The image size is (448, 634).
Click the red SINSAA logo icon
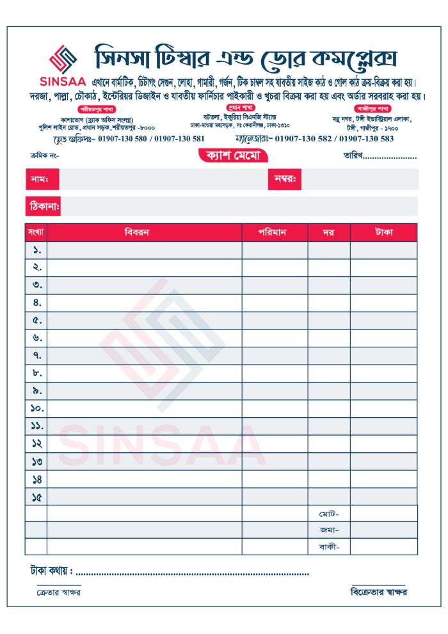pos(63,59)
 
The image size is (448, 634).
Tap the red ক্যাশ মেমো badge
pos(232,155)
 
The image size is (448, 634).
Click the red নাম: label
pos(34,179)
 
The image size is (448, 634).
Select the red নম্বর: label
pos(284,179)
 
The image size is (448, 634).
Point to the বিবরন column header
pos(144,232)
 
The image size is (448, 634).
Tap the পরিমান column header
pos(275,232)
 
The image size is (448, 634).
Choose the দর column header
pos(328,232)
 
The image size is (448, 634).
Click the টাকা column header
pos(383,232)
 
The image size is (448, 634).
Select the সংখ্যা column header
pos(36,232)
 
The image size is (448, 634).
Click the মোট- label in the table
pos(329,514)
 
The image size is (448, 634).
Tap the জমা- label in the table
pos(329,530)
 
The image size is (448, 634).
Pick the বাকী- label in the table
pos(329,546)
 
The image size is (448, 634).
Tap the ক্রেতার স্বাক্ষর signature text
pos(58,592)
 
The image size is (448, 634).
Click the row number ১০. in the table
pos(36,408)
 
